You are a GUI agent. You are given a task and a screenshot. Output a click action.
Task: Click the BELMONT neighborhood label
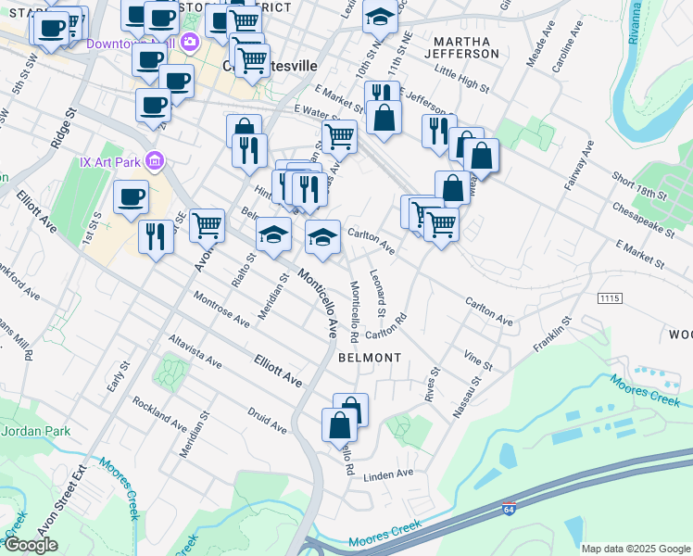click(x=370, y=357)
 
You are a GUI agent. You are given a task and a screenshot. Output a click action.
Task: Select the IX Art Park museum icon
click(x=155, y=162)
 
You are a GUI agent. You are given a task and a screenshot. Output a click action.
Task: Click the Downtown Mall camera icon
click(x=191, y=42)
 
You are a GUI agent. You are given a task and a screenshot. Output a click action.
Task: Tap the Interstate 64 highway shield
click(x=509, y=510)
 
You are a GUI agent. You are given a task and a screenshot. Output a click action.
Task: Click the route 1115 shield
click(x=609, y=298)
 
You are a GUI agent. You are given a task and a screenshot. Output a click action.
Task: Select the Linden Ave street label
click(x=388, y=474)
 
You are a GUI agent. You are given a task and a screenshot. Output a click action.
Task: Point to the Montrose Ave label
click(x=221, y=309)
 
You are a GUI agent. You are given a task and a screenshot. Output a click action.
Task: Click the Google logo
click(x=31, y=545)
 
